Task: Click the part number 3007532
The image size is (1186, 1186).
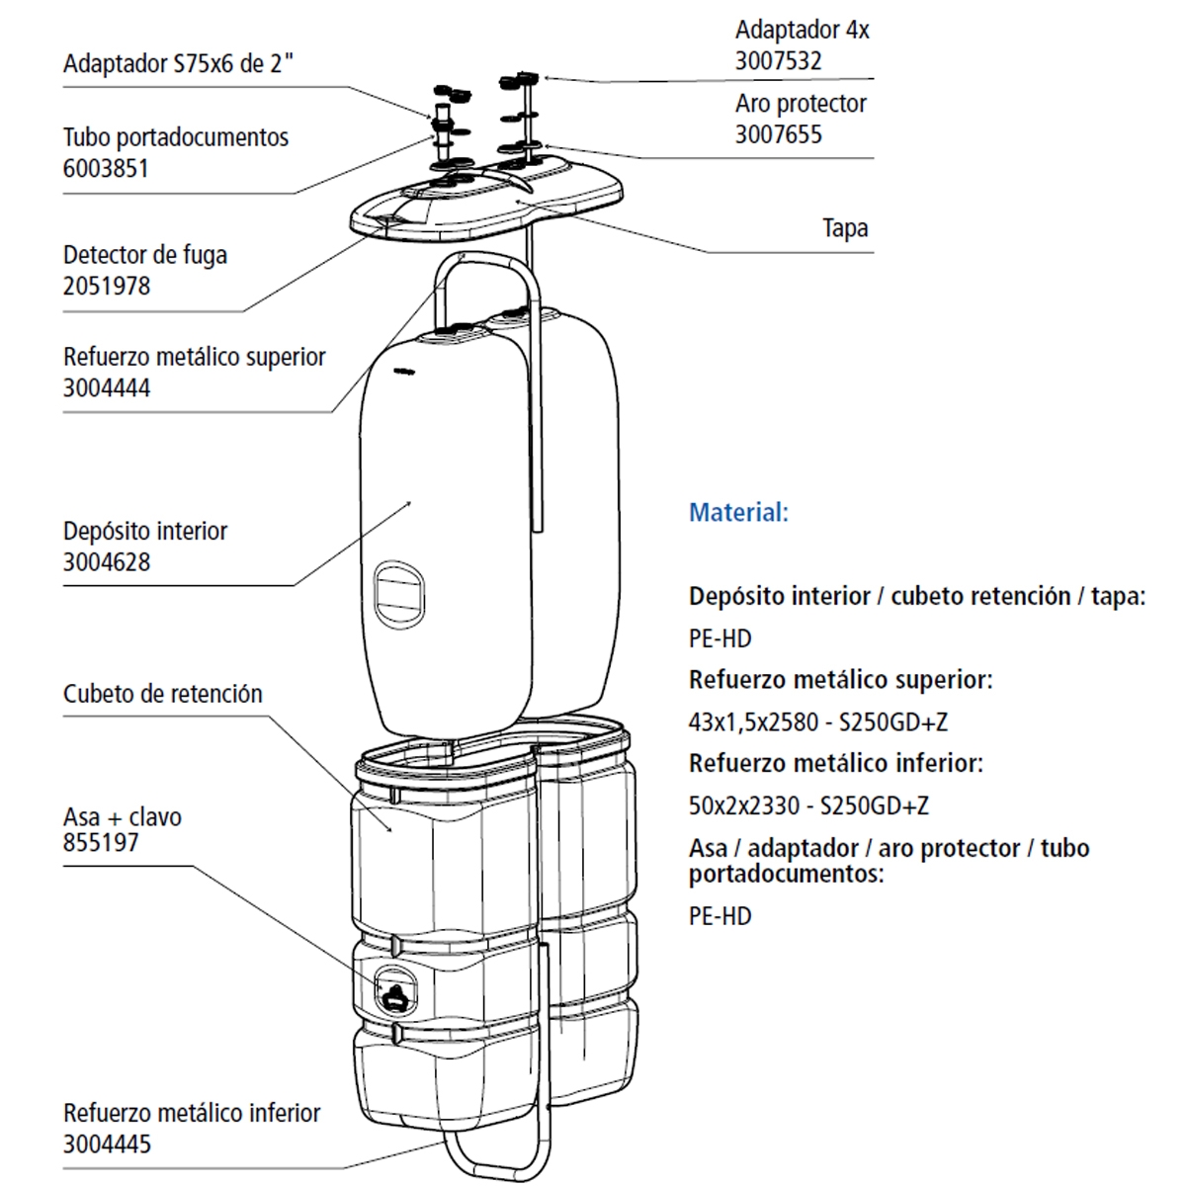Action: tap(778, 61)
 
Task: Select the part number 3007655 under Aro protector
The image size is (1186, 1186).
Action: tap(778, 135)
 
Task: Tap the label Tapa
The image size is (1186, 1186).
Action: tap(845, 228)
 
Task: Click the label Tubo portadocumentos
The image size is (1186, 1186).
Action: tap(176, 137)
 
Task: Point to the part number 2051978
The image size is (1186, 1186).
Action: tap(107, 287)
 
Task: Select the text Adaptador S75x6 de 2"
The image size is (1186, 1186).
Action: tap(179, 64)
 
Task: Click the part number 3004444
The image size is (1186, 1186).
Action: tap(107, 388)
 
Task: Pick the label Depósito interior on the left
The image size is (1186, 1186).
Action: tap(145, 531)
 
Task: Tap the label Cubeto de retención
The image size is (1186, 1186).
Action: tap(163, 694)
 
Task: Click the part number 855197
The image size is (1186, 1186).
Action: tap(101, 843)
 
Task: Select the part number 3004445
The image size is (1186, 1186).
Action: tap(107, 1144)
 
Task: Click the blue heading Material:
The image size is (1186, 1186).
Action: tap(738, 513)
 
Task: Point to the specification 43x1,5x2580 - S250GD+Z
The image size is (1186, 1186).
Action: tap(817, 722)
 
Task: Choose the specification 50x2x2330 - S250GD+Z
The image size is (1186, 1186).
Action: tap(808, 805)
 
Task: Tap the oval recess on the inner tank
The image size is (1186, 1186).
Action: tap(399, 594)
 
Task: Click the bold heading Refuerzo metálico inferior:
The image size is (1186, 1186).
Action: tap(835, 764)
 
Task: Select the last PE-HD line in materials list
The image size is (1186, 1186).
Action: tap(720, 916)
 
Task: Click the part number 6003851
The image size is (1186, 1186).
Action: tap(106, 169)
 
